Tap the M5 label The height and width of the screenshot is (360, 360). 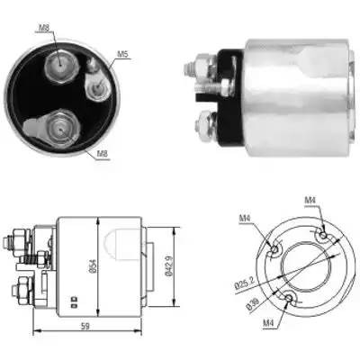pyautogui.click(x=123, y=55)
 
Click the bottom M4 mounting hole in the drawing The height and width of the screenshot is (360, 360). pyautogui.click(x=288, y=299)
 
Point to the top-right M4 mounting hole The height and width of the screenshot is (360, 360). pyautogui.click(x=321, y=236)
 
